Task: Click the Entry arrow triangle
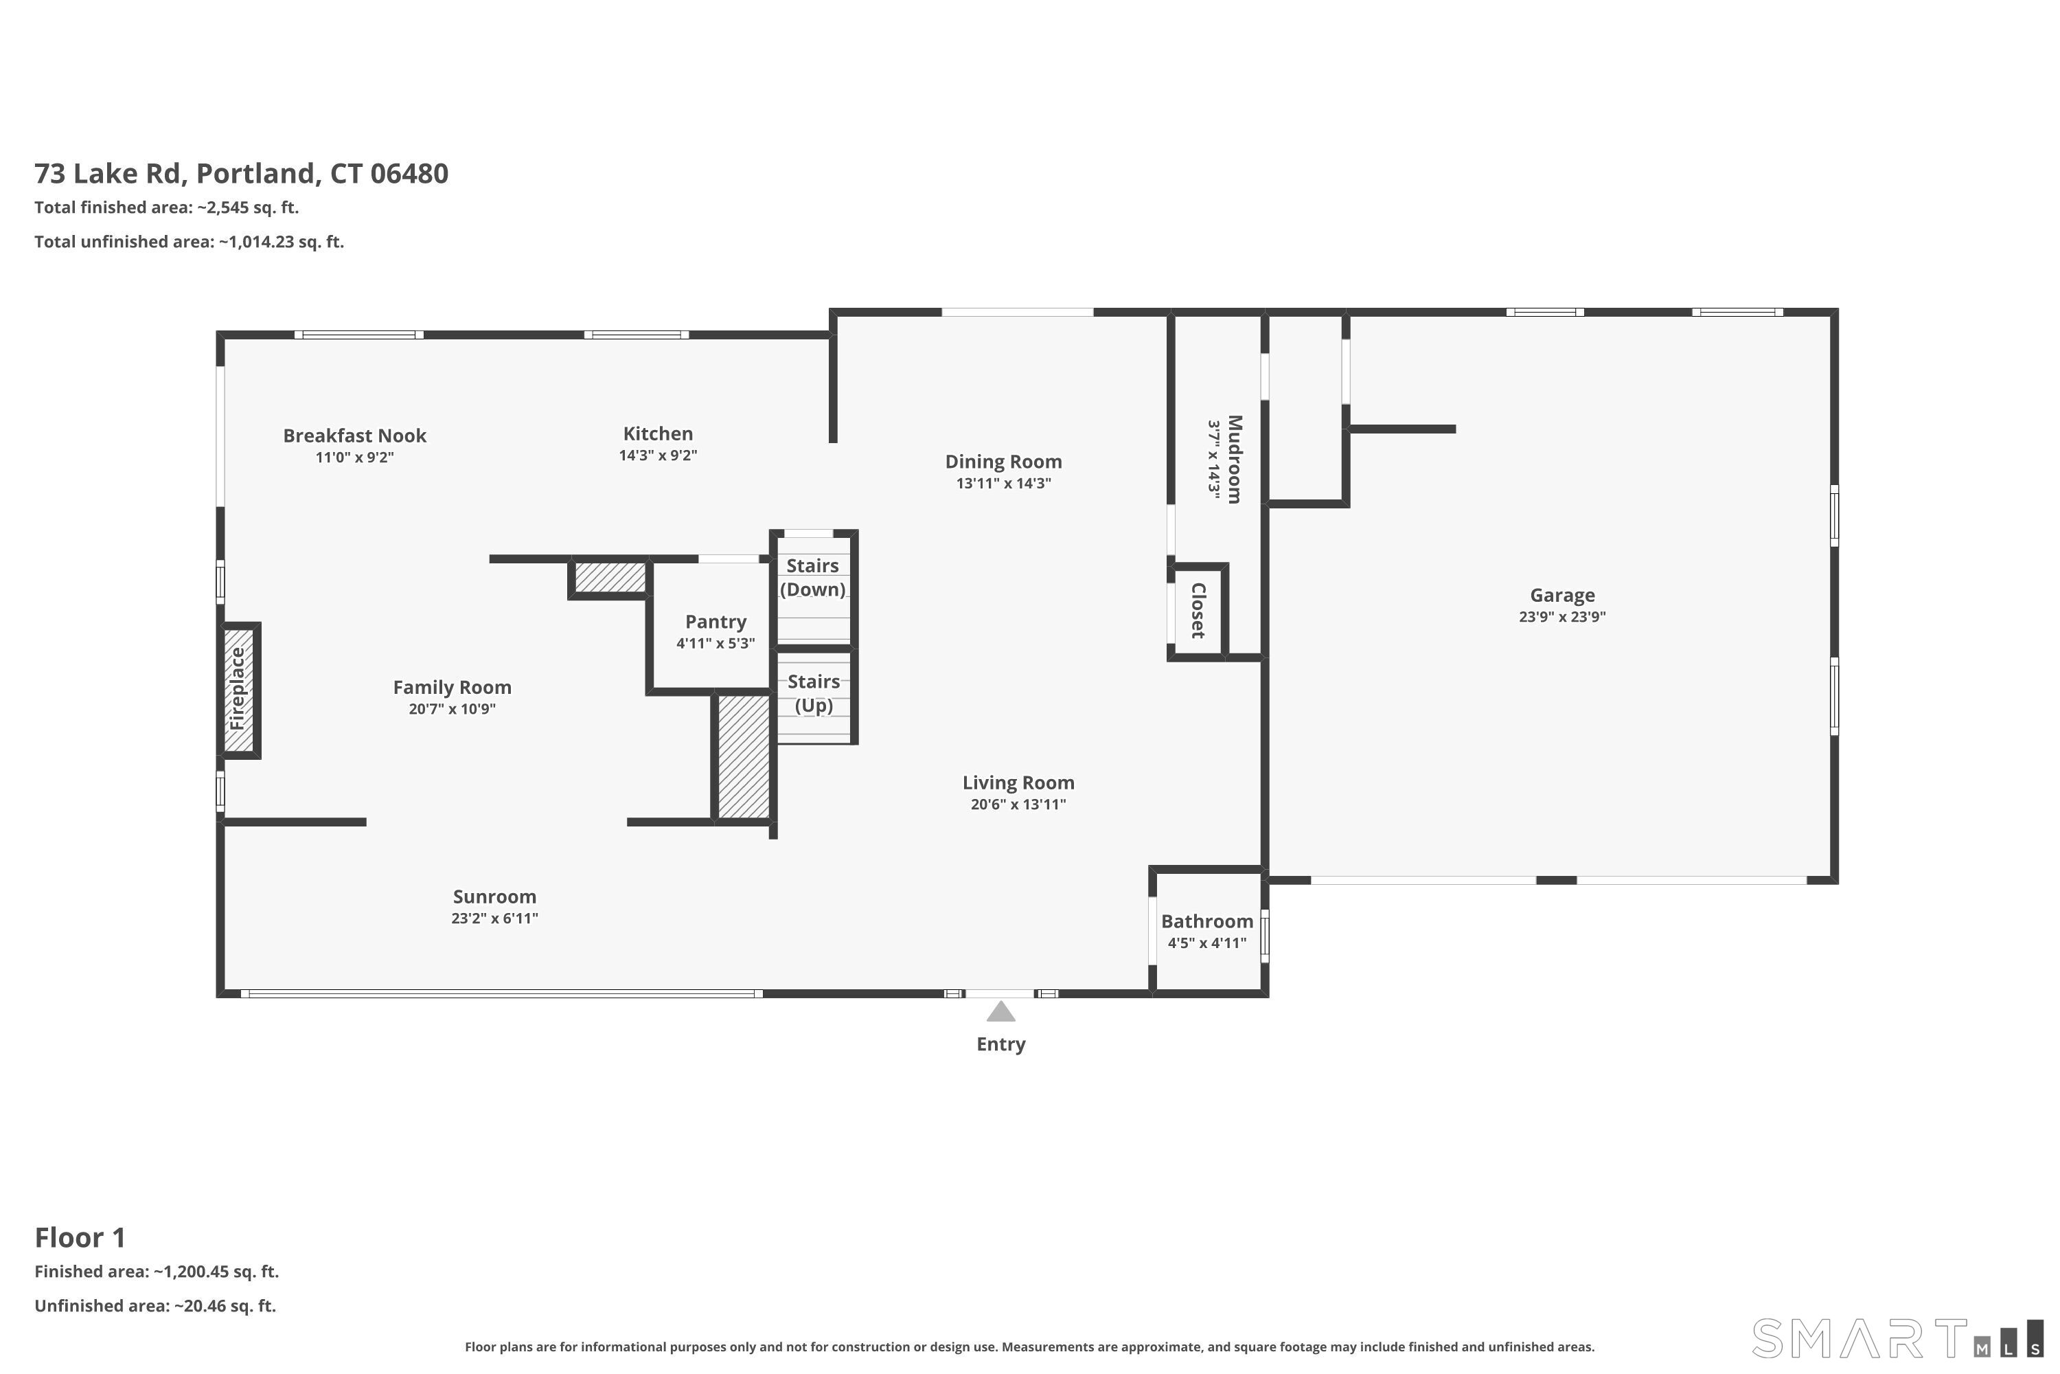[1001, 1011]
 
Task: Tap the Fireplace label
[238, 689]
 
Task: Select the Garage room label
[1563, 595]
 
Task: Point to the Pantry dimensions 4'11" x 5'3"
[716, 643]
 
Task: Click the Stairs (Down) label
[813, 578]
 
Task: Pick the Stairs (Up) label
[814, 693]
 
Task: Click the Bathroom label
[1207, 921]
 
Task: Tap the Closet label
[1198, 611]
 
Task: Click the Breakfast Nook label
[355, 436]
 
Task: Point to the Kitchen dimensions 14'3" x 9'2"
[658, 455]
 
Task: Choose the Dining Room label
[1004, 462]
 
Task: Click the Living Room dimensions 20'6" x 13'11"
[1018, 804]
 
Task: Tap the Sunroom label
[495, 897]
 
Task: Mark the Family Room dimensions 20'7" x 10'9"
[452, 709]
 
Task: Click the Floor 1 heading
[80, 1237]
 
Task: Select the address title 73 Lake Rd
[108, 174]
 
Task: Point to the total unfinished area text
[190, 242]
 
